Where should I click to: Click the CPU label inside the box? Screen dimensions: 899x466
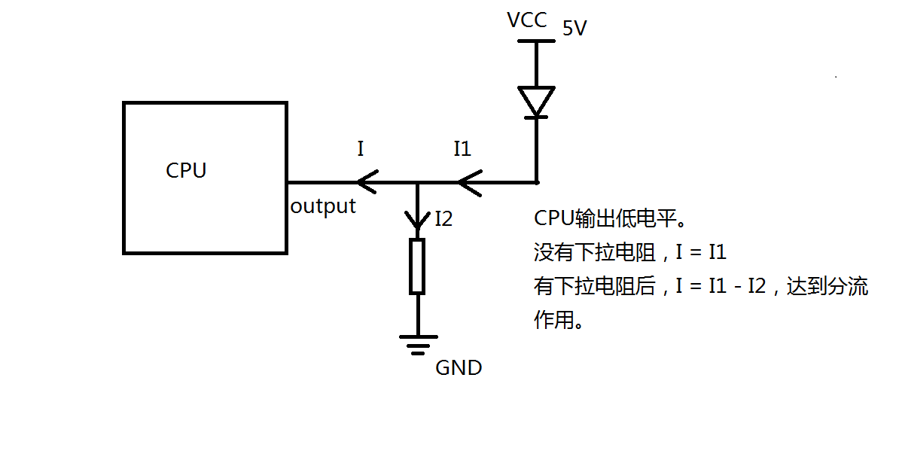186,170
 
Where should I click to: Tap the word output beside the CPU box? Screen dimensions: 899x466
323,206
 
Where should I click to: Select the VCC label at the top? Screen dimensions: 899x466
527,20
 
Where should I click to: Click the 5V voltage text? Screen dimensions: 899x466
574,28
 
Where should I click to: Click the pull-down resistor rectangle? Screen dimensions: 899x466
417,267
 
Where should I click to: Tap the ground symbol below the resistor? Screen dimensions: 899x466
419,345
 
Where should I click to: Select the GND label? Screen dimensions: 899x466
459,368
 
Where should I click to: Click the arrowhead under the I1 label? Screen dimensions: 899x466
470,183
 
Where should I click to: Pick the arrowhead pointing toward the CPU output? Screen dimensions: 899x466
367,182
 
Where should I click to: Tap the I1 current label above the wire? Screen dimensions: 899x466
462,149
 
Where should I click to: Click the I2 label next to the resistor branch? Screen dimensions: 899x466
443,218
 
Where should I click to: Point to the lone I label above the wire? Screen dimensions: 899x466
361,149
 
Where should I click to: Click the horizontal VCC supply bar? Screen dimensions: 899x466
536,41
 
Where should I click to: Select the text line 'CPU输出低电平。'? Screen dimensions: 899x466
611,218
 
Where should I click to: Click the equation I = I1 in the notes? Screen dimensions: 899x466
701,251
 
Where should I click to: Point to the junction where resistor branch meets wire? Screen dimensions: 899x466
417,183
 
